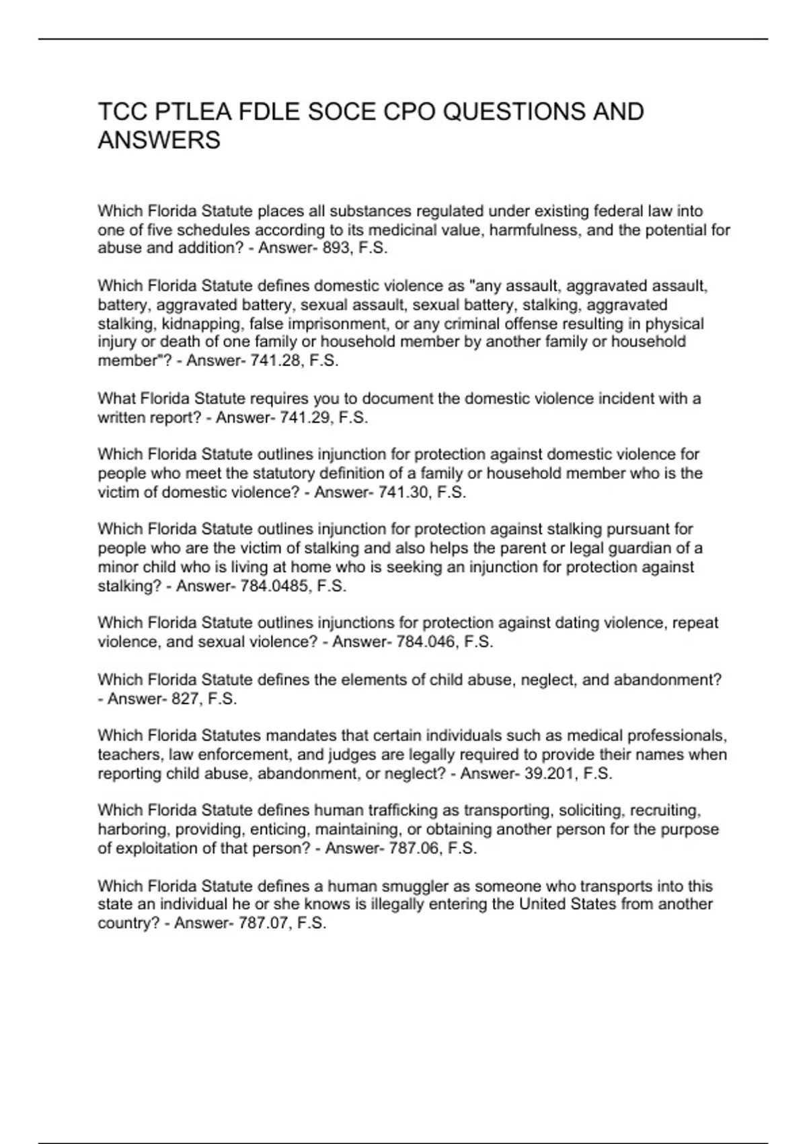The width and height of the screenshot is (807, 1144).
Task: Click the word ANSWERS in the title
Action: [159, 141]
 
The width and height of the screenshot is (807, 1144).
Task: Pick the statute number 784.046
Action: [425, 642]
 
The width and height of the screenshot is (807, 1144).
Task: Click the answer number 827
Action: [184, 699]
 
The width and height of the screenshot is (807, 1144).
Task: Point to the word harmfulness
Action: [534, 230]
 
